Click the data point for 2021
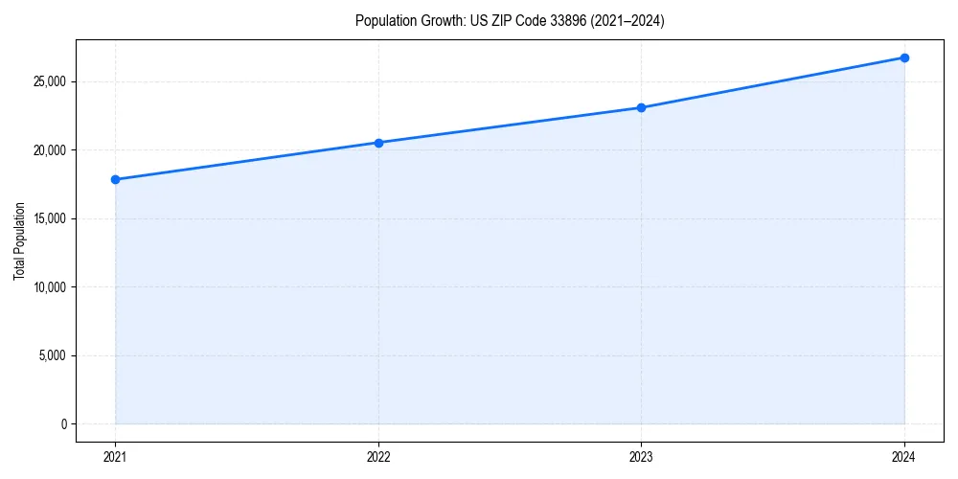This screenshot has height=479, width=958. pyautogui.click(x=115, y=179)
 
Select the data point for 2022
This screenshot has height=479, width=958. pyautogui.click(x=378, y=143)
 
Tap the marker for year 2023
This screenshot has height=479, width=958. pyautogui.click(x=641, y=107)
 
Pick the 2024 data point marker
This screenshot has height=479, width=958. pyautogui.click(x=904, y=57)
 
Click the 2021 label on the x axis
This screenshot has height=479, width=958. pyautogui.click(x=115, y=456)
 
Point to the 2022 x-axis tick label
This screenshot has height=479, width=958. pyautogui.click(x=378, y=456)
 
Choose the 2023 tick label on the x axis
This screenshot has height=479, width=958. pyautogui.click(x=641, y=456)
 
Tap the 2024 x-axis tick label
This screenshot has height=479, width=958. pyautogui.click(x=904, y=456)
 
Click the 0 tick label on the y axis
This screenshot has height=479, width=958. pyautogui.click(x=63, y=424)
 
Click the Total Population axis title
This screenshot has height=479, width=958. pyautogui.click(x=19, y=240)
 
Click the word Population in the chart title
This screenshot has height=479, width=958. pyautogui.click(x=381, y=21)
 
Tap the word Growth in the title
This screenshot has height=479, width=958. pyautogui.click(x=438, y=21)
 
